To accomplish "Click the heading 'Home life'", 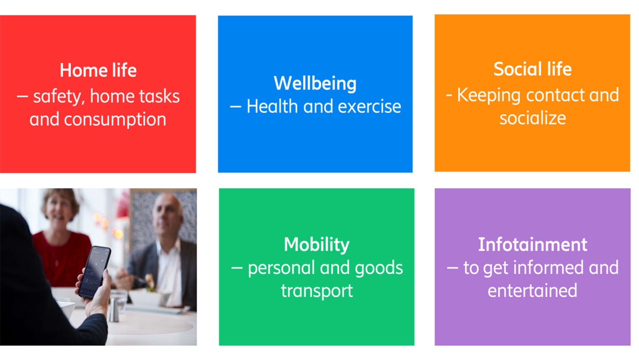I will tap(98, 71).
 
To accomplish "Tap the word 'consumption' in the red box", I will tap(115, 120).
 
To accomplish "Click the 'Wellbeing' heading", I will tap(315, 83).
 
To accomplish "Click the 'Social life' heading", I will tap(532, 69).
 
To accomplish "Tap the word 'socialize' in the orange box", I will tap(533, 118).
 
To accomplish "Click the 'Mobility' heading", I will tap(317, 245).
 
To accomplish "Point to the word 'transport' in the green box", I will tap(317, 291).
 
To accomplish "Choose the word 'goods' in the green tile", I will tap(379, 268).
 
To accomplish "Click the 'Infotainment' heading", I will tap(532, 245).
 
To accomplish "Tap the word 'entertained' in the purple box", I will tap(532, 291).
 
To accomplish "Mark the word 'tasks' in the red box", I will tap(161, 97).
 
